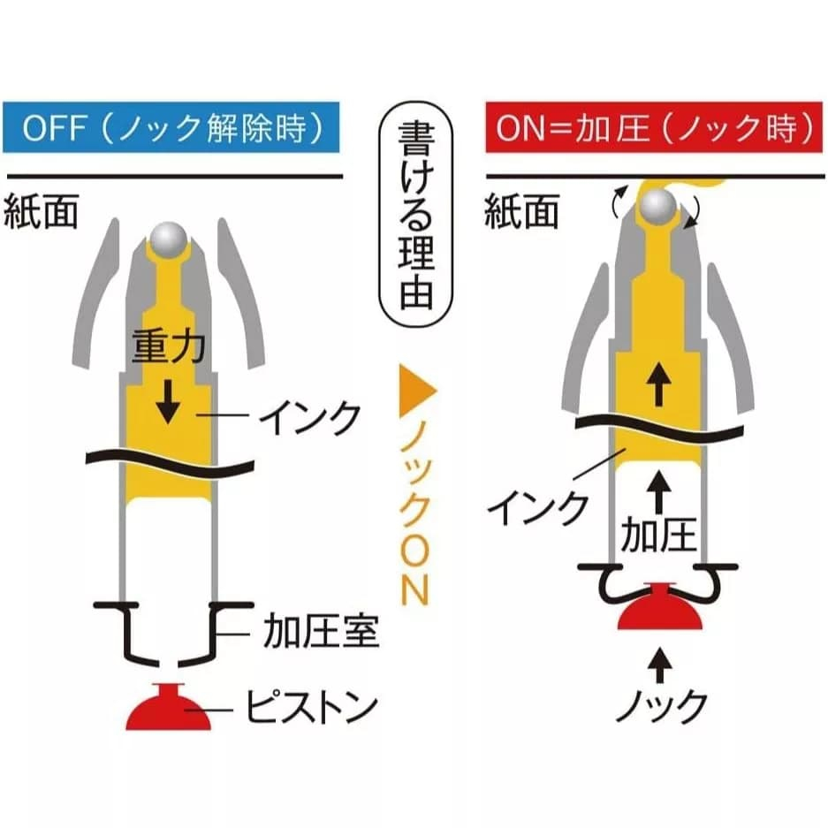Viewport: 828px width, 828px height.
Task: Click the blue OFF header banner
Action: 171,129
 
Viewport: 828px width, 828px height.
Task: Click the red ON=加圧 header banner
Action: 654,129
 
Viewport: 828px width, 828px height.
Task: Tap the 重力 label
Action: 168,346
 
